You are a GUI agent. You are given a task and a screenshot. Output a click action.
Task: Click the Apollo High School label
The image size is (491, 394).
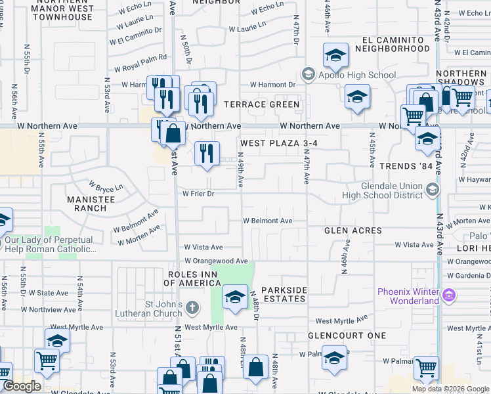354,75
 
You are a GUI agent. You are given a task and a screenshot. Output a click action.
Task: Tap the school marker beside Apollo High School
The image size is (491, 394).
335,57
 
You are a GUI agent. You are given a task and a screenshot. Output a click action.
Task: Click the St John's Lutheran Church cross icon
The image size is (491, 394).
192,307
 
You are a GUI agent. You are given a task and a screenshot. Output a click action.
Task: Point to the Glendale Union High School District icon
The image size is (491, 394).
432,190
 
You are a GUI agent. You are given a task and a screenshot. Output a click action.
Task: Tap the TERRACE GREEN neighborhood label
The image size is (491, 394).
262,104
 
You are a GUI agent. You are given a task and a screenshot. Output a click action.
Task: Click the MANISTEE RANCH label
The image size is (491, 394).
87,203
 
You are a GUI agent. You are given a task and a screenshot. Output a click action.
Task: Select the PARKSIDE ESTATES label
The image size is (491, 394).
284,294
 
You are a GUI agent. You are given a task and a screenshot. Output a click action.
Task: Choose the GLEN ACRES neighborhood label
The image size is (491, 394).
353,230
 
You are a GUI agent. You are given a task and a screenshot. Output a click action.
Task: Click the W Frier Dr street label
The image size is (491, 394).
198,194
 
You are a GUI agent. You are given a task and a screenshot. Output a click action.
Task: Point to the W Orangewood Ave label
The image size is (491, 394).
216,261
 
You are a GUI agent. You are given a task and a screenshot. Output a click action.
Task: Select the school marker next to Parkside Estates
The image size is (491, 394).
234,297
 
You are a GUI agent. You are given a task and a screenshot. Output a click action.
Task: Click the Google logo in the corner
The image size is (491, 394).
22,385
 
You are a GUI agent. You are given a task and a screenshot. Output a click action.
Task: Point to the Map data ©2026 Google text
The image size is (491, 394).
451,389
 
